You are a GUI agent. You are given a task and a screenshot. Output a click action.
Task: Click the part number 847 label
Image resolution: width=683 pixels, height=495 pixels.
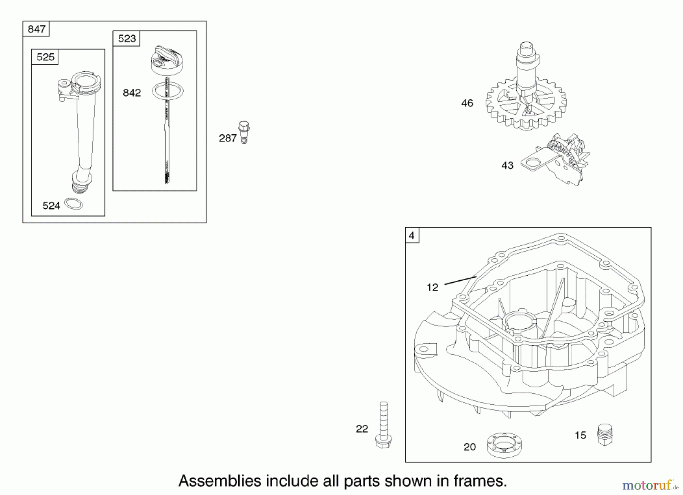(x=36, y=29)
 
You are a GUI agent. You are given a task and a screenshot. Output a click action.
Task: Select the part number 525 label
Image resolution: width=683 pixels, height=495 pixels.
(x=46, y=57)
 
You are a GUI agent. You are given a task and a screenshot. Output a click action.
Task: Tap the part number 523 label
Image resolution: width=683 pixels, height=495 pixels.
(x=127, y=39)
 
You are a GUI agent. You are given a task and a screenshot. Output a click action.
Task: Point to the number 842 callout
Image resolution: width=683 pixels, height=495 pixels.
(x=132, y=93)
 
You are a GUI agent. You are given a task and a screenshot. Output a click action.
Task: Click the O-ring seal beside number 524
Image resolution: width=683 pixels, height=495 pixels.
(x=74, y=204)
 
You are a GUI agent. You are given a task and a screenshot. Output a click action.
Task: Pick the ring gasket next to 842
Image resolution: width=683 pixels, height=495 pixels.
(x=168, y=91)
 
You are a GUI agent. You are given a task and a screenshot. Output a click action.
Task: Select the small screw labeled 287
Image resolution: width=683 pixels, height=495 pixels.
(x=244, y=132)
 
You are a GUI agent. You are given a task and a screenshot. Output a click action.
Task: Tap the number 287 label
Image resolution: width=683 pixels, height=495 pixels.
(x=228, y=138)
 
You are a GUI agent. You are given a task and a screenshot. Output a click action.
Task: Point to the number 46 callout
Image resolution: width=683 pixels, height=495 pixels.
(x=467, y=103)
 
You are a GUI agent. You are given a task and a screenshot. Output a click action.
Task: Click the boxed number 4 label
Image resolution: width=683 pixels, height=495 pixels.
(x=412, y=236)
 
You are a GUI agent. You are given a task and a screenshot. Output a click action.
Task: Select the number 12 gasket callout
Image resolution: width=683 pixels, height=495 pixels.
(x=432, y=288)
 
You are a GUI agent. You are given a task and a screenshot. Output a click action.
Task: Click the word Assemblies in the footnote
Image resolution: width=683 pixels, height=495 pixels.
(x=220, y=481)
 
